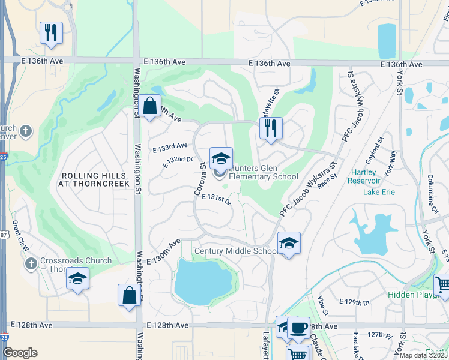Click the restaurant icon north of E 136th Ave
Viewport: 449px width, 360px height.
click(x=51, y=32)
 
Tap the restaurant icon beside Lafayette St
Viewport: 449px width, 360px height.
click(x=271, y=128)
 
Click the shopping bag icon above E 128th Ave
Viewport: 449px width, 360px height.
click(x=128, y=295)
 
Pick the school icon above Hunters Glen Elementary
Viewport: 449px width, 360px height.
click(x=221, y=158)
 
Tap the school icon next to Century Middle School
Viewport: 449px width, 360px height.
click(x=289, y=243)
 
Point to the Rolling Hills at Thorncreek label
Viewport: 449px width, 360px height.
click(x=95, y=179)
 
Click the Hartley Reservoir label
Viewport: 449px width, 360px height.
click(x=364, y=176)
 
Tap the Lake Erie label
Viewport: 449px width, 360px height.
click(x=379, y=192)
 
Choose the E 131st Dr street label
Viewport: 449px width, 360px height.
click(x=217, y=199)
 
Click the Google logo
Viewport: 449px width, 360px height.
click(x=20, y=353)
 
